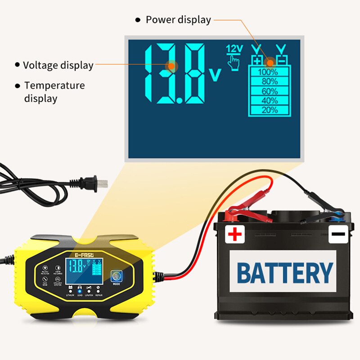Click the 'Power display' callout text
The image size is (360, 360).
178,20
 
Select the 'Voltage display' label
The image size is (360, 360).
58,65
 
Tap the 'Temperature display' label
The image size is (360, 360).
54,92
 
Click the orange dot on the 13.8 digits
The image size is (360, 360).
171,66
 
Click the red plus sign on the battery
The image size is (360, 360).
235,234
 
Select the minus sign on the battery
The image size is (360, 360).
339,234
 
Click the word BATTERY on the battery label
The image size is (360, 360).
284,272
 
